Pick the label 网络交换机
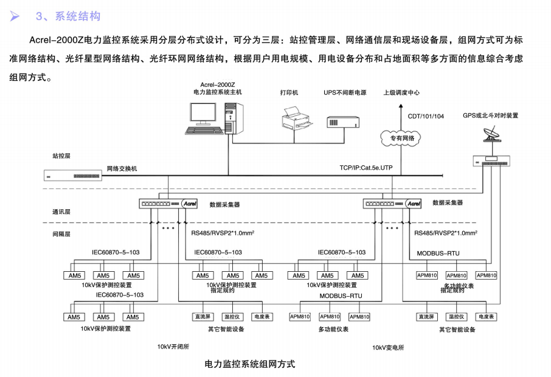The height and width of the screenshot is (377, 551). pyautogui.click(x=122, y=168)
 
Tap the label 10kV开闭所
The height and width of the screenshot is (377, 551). pyautogui.click(x=174, y=347)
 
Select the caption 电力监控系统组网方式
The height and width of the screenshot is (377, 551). pyautogui.click(x=250, y=364)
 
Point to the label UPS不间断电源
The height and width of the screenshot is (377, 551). pyautogui.click(x=344, y=93)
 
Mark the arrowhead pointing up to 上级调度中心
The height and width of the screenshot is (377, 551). pyautogui.click(x=401, y=105)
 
